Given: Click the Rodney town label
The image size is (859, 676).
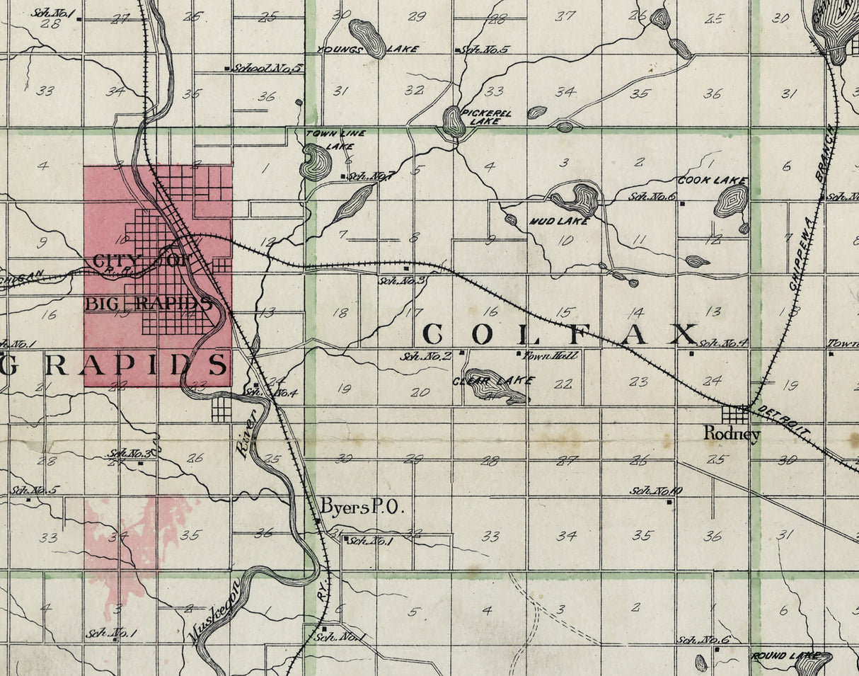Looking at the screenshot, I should (x=732, y=434).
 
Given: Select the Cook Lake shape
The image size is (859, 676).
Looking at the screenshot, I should (x=731, y=202).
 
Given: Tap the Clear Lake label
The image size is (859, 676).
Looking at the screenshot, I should (x=493, y=381).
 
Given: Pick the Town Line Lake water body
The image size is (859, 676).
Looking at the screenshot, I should (x=315, y=162).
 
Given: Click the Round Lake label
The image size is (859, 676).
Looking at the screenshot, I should (x=777, y=656).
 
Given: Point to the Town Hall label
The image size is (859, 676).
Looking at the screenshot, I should (x=550, y=355).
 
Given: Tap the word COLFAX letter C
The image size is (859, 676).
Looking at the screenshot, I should (x=433, y=334).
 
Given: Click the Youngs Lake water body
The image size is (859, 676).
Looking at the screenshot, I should (x=368, y=38).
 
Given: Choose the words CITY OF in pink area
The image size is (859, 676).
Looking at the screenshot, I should (x=141, y=260).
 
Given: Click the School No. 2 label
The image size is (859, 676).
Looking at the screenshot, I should (x=425, y=355).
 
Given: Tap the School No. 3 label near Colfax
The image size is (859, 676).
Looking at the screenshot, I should (x=402, y=280).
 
